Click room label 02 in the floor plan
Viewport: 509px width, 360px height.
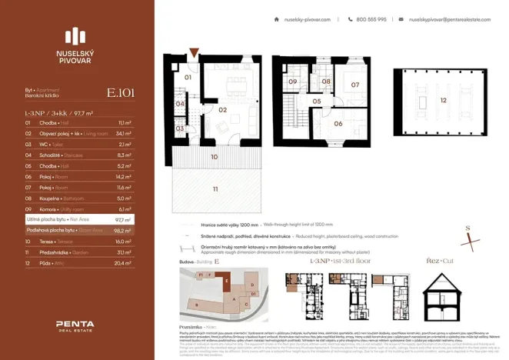coord(221,109)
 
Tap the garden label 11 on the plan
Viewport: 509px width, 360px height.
coord(215,188)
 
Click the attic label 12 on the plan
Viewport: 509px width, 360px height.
coord(442,100)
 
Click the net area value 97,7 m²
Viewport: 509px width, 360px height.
coord(123,219)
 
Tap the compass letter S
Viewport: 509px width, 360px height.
coord(467,228)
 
